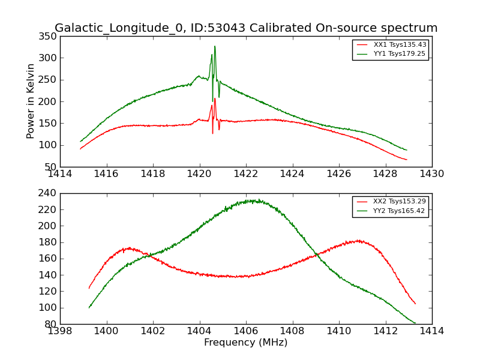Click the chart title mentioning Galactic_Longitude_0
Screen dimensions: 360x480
click(246, 28)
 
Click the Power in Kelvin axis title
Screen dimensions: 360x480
click(31, 101)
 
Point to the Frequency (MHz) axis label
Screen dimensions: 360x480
click(245, 343)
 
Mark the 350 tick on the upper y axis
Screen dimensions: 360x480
click(48, 37)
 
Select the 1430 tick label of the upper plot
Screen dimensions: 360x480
click(431, 174)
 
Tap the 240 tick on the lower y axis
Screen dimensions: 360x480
click(48, 194)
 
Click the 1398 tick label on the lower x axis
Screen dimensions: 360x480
click(60, 331)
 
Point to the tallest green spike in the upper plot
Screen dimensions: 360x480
click(215, 46)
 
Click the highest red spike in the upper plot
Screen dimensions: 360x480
click(215, 98)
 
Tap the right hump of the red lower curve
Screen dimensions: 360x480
click(358, 241)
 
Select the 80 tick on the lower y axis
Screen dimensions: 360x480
click(50, 324)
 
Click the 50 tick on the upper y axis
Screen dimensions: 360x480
click(50, 167)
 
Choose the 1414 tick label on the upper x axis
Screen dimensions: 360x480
click(60, 174)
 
